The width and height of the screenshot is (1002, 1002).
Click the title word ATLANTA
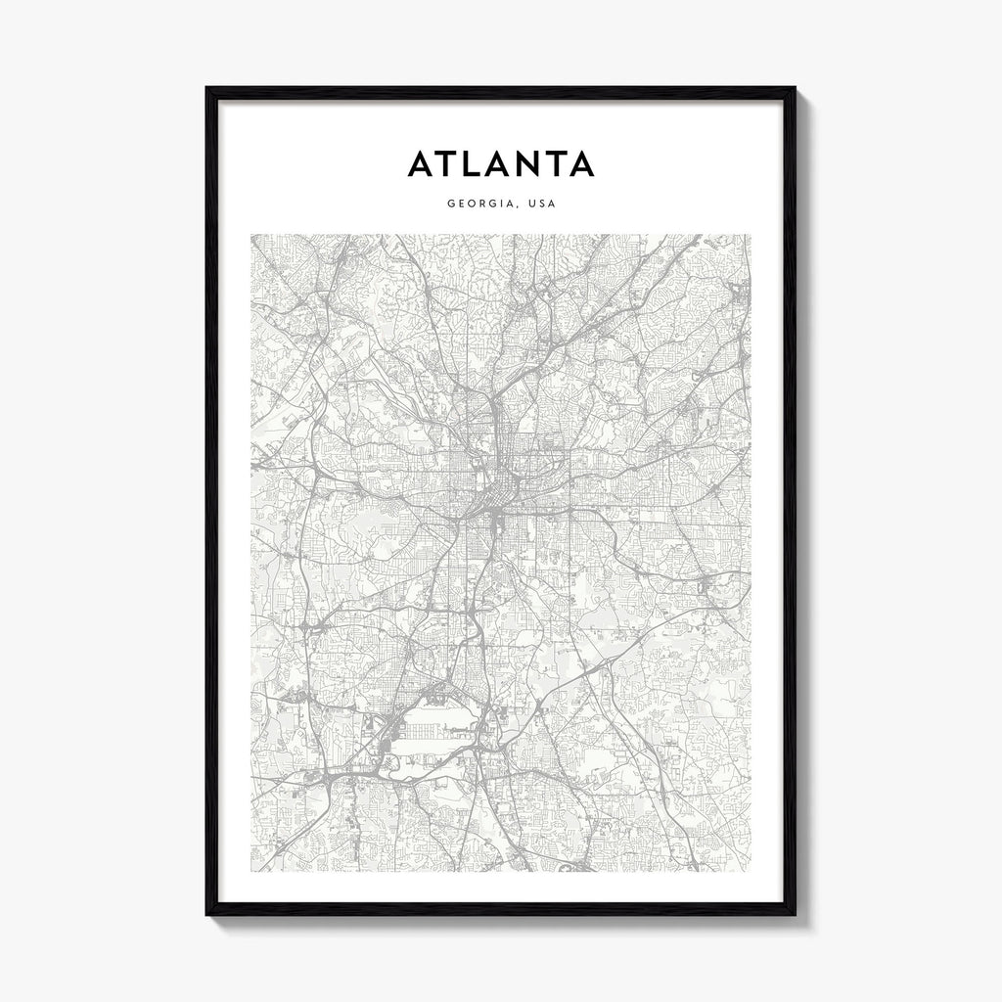(x=500, y=163)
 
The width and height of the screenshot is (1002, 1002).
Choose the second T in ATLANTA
(x=553, y=163)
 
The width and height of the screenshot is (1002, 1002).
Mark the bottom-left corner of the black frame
(x=207, y=914)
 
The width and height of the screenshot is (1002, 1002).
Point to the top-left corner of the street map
(x=251, y=235)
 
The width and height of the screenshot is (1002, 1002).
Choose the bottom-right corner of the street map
(x=751, y=870)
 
